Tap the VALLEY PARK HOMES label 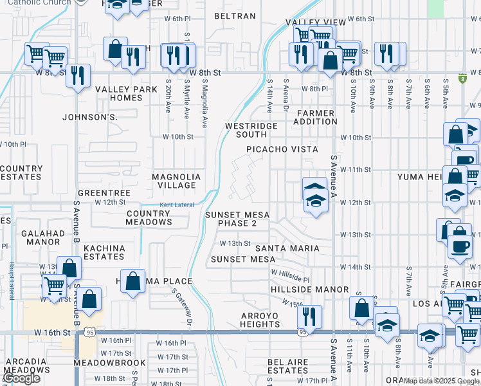(x=118, y=94)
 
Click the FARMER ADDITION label (x=315, y=117)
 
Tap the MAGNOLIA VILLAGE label (x=176, y=181)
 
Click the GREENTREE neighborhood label (x=104, y=193)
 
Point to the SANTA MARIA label (x=287, y=248)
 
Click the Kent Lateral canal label (x=176, y=205)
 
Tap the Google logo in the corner (x=21, y=379)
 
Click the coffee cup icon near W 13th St (x=459, y=245)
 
